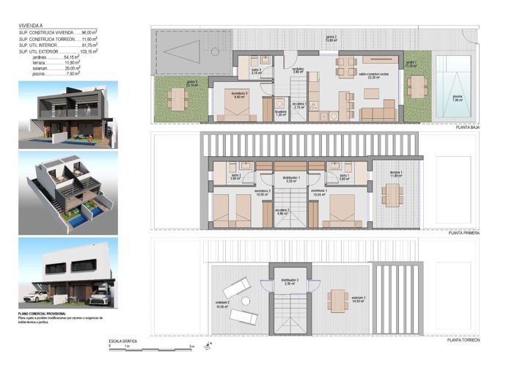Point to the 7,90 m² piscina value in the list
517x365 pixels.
72,73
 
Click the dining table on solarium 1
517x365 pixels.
338,298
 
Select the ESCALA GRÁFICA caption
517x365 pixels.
123,342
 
